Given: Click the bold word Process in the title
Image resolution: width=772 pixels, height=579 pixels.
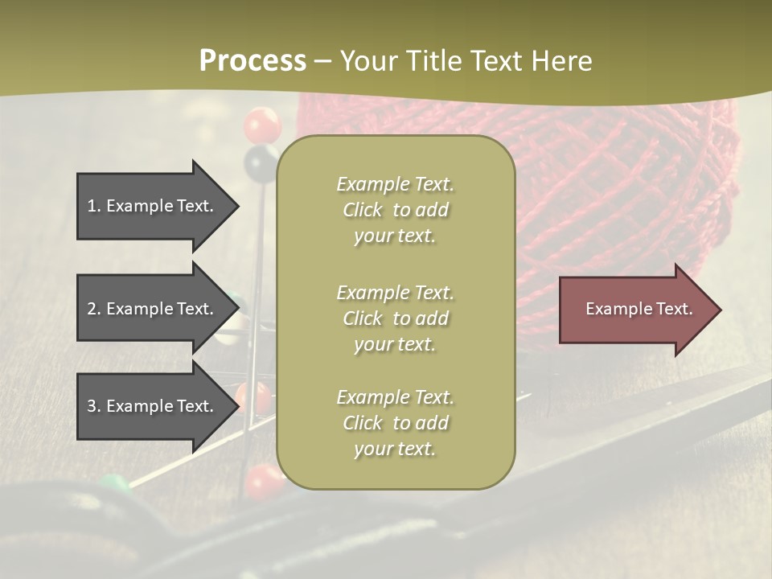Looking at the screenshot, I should [x=253, y=61].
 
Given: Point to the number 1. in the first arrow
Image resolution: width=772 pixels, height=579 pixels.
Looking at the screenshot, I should [x=94, y=206].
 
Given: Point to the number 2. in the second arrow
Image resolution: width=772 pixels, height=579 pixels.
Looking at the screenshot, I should [x=94, y=309].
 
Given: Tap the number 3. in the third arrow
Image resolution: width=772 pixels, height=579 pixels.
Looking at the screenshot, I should [x=94, y=406].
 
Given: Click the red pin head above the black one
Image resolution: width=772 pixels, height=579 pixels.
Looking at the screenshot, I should [x=262, y=125].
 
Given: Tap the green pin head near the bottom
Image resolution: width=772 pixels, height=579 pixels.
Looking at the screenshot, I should [x=113, y=484].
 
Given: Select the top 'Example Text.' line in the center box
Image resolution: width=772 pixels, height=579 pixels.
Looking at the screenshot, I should [x=395, y=184].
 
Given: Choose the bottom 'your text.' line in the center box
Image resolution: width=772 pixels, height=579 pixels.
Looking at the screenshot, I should [x=395, y=449].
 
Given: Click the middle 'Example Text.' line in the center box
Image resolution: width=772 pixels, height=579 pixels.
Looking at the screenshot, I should [x=395, y=293].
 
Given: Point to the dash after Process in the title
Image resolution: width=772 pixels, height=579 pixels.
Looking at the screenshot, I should [x=323, y=61].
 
